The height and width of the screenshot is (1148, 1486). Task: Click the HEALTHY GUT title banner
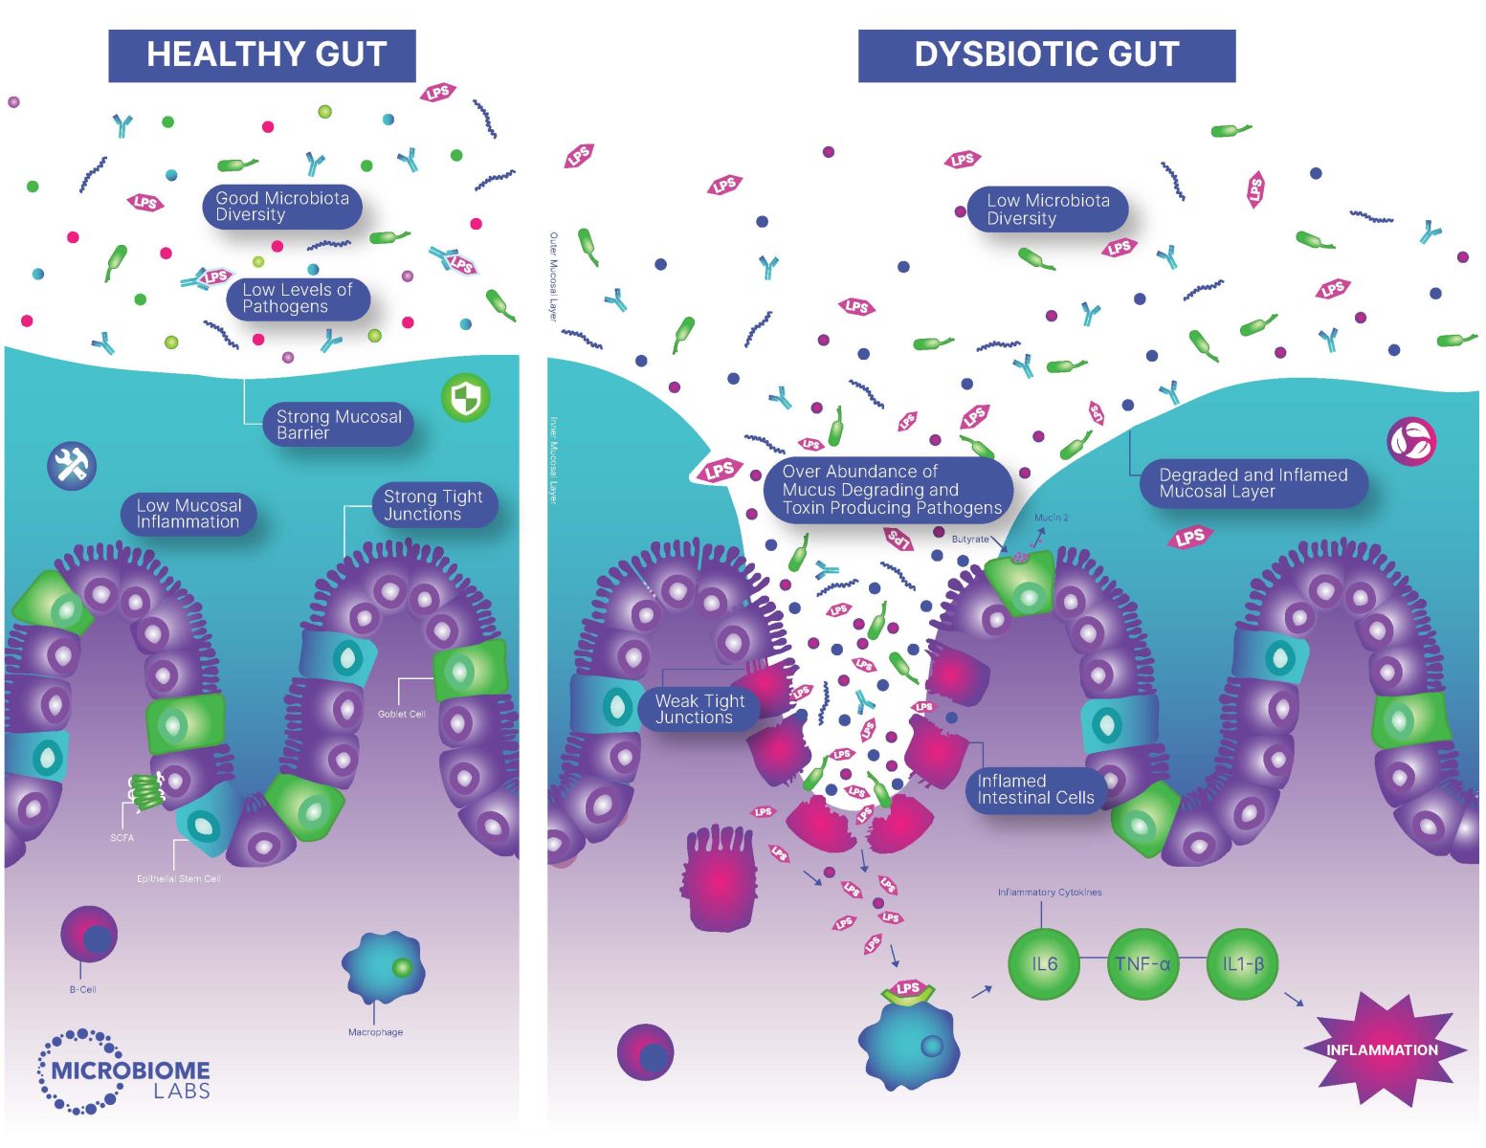[262, 55]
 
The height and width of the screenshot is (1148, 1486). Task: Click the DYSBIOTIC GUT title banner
[1046, 55]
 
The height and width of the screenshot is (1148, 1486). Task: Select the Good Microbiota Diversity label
[282, 207]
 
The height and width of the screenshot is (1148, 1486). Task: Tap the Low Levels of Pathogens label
[298, 298]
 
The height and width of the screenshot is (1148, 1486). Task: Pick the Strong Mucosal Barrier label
[339, 425]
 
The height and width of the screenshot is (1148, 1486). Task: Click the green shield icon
[466, 398]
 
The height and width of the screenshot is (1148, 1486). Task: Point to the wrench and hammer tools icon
[72, 466]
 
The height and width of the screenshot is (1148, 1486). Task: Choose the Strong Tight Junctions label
[433, 505]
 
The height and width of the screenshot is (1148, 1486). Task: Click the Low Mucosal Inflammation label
[189, 514]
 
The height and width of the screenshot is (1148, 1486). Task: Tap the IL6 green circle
[1045, 964]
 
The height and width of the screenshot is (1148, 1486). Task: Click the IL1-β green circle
[1243, 964]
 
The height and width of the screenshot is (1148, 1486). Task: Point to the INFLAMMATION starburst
[1382, 1049]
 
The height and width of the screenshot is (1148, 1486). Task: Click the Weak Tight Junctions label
[699, 709]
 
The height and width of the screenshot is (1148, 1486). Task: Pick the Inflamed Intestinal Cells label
[1035, 789]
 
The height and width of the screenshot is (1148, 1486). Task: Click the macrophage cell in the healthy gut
[383, 968]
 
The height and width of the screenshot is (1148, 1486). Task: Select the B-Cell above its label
[89, 935]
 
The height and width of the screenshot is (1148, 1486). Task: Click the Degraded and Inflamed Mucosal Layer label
[1253, 483]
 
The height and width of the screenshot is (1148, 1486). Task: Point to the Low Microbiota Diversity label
[1048, 210]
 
